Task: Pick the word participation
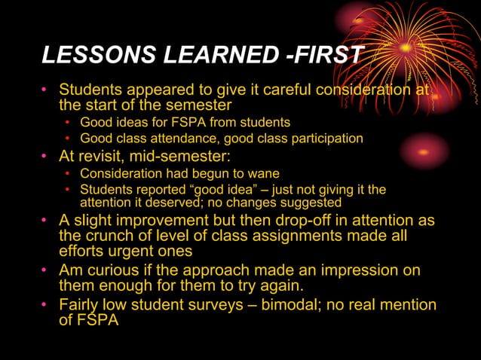point(326,139)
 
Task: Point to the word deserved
point(169,203)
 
